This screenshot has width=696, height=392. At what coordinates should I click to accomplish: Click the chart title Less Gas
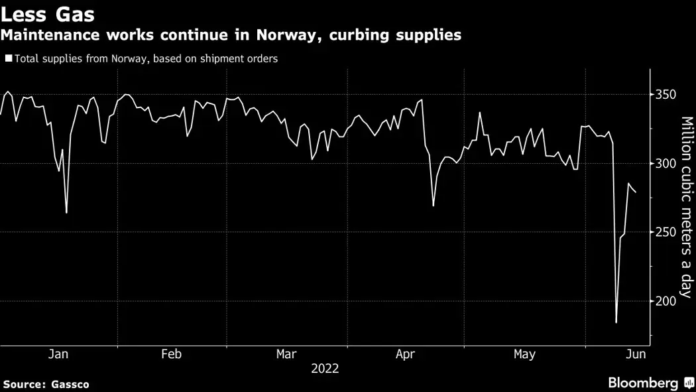pyautogui.click(x=47, y=14)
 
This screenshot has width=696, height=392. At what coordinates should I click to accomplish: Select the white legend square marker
pyautogui.click(x=8, y=58)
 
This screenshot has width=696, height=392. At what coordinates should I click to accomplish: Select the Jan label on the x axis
pyautogui.click(x=58, y=355)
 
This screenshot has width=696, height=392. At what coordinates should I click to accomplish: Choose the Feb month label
pyautogui.click(x=172, y=355)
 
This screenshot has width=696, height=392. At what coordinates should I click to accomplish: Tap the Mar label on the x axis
pyautogui.click(x=286, y=355)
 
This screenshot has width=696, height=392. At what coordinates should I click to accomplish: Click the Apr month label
pyautogui.click(x=406, y=355)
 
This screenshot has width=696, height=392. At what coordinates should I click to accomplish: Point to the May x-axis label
pyautogui.click(x=524, y=355)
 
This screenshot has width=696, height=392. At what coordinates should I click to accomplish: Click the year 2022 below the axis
pyautogui.click(x=325, y=369)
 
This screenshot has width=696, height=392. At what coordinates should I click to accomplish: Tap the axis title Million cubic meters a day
pyautogui.click(x=686, y=208)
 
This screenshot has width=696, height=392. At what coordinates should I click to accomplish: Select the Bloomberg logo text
pyautogui.click(x=643, y=383)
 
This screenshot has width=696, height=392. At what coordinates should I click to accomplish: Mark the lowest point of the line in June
pyautogui.click(x=616, y=322)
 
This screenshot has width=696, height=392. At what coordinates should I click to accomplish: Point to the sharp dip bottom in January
pyautogui.click(x=66, y=213)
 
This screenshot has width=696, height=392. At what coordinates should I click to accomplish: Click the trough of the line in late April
pyautogui.click(x=433, y=206)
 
